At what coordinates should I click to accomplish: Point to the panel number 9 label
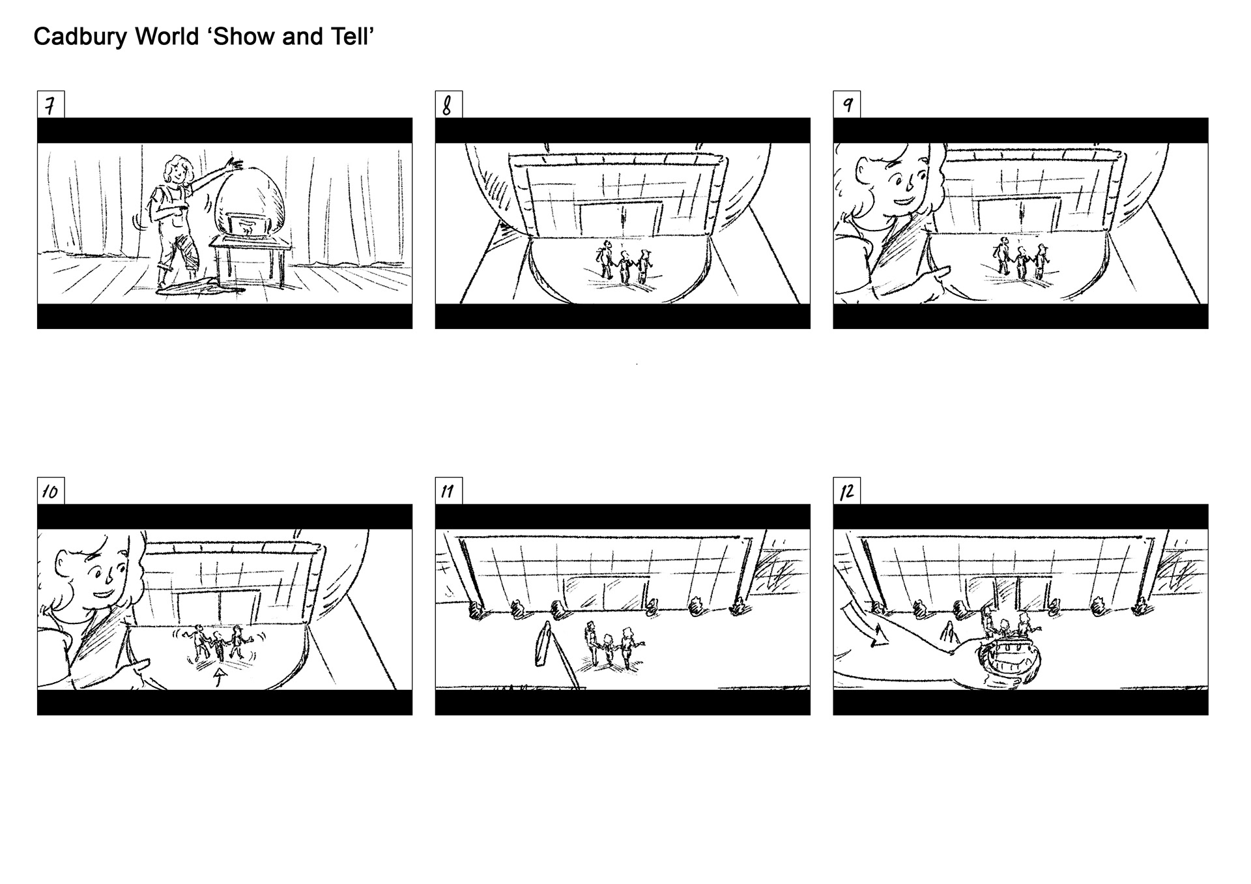(846, 105)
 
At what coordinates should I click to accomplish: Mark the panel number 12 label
(846, 491)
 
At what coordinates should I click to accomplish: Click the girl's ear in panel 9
(859, 172)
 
